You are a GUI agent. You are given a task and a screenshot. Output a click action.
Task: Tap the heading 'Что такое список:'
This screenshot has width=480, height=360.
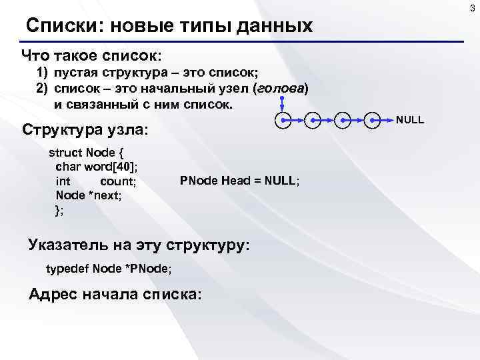click(92, 54)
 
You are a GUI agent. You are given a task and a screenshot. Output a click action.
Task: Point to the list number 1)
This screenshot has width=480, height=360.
click(42, 72)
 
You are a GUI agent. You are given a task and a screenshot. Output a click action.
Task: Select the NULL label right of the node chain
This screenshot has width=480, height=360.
click(410, 120)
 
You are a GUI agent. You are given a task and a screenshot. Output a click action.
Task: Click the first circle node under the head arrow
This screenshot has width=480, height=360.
click(283, 121)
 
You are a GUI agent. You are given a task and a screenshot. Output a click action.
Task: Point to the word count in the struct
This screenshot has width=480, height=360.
click(118, 181)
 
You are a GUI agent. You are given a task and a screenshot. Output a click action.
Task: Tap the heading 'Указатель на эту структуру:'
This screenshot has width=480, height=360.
click(139, 245)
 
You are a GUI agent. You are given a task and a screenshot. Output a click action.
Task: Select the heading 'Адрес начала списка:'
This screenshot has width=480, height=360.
click(114, 294)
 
